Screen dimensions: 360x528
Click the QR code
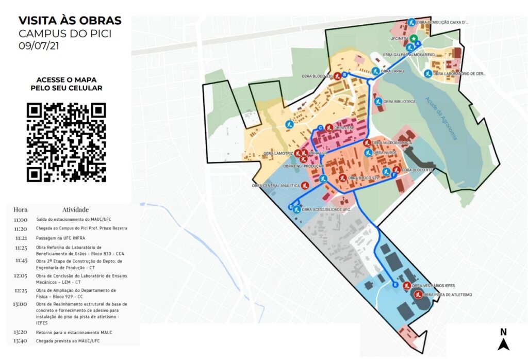click(66, 142)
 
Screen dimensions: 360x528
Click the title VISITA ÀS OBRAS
click(70, 21)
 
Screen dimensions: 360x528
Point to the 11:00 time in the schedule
click(21, 219)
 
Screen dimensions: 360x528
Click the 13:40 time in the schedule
click(21, 341)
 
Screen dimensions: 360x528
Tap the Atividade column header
click(75, 209)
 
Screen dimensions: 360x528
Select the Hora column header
click(21, 209)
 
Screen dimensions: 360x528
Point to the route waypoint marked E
click(395, 285)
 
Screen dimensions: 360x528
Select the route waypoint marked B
click(344, 74)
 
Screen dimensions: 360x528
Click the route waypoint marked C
click(320, 128)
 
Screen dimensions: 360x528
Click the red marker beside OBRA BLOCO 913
click(396, 170)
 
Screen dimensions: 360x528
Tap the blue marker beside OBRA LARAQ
click(376, 71)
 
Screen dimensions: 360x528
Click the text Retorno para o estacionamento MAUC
click(74, 332)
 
